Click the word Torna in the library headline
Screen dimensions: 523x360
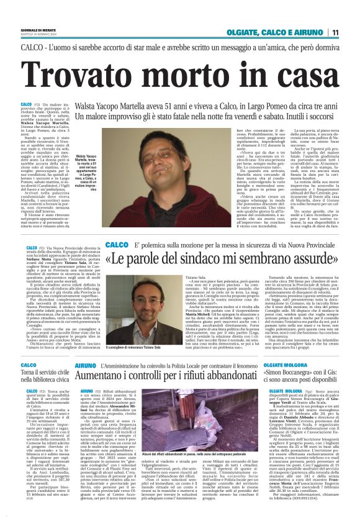click(x=31, y=374)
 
